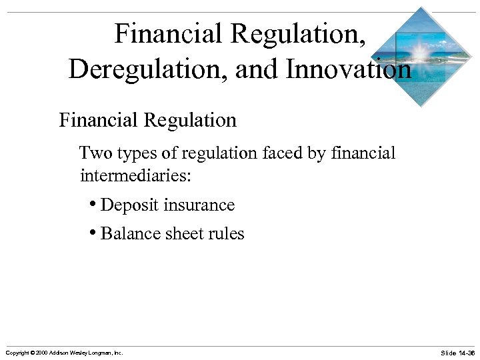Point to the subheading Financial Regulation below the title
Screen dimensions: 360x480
pos(147,120)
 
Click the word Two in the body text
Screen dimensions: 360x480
pos(95,153)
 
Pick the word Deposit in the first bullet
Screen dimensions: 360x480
pos(130,205)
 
